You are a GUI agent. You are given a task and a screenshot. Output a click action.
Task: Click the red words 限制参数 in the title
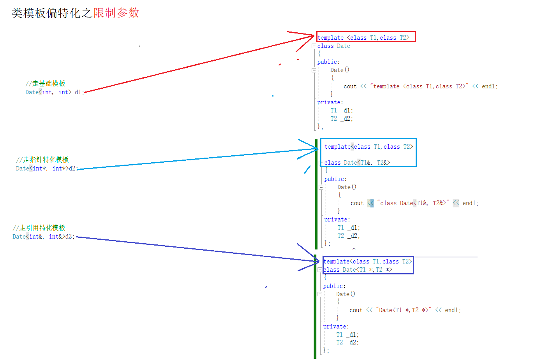coord(116,13)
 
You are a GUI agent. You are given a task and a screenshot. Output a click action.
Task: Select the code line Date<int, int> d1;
coord(55,92)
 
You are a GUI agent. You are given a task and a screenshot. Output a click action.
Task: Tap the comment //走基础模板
coord(45,83)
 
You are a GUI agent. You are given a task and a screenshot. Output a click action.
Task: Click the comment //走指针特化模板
coord(42,160)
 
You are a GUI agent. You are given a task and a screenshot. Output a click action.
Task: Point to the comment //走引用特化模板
coord(39,228)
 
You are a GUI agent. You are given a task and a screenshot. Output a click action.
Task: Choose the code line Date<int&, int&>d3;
coord(43,237)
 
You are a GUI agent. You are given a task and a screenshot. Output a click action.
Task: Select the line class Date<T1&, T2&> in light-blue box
coord(357,163)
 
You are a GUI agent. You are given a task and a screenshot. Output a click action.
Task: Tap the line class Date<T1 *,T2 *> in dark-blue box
coord(358,270)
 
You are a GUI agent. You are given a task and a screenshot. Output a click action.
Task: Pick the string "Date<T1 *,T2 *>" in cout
coord(404,310)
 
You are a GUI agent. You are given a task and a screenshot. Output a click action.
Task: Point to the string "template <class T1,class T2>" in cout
coord(419,86)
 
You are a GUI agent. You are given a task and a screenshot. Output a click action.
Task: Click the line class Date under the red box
coord(333,46)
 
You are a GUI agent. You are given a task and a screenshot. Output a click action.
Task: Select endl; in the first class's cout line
coord(490,86)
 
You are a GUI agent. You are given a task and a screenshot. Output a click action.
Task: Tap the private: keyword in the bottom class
coord(336,327)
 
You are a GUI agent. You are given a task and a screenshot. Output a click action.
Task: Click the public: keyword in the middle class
coord(335,179)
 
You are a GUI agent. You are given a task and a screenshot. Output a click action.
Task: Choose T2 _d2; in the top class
coord(342,119)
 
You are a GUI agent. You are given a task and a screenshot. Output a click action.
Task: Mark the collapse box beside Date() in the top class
coord(314,70)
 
